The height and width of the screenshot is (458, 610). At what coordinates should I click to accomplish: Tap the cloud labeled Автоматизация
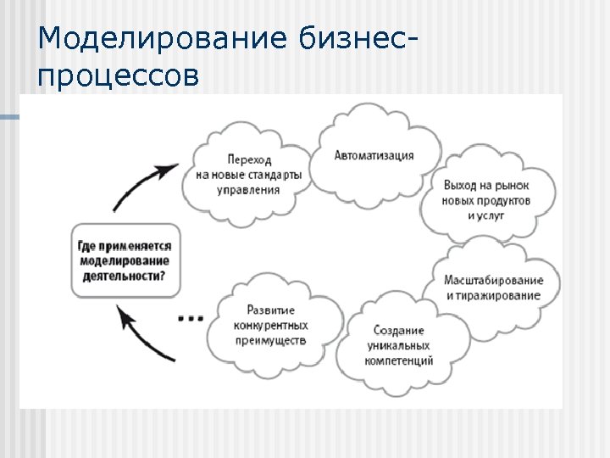click(x=374, y=155)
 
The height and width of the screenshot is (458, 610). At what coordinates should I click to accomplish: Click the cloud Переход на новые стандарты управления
click(x=247, y=175)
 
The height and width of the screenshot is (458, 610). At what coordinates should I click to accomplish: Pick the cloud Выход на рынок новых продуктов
click(x=485, y=200)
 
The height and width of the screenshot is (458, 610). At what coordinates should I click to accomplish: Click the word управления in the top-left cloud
click(x=247, y=190)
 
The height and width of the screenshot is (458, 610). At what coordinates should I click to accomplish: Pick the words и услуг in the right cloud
click(x=485, y=215)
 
